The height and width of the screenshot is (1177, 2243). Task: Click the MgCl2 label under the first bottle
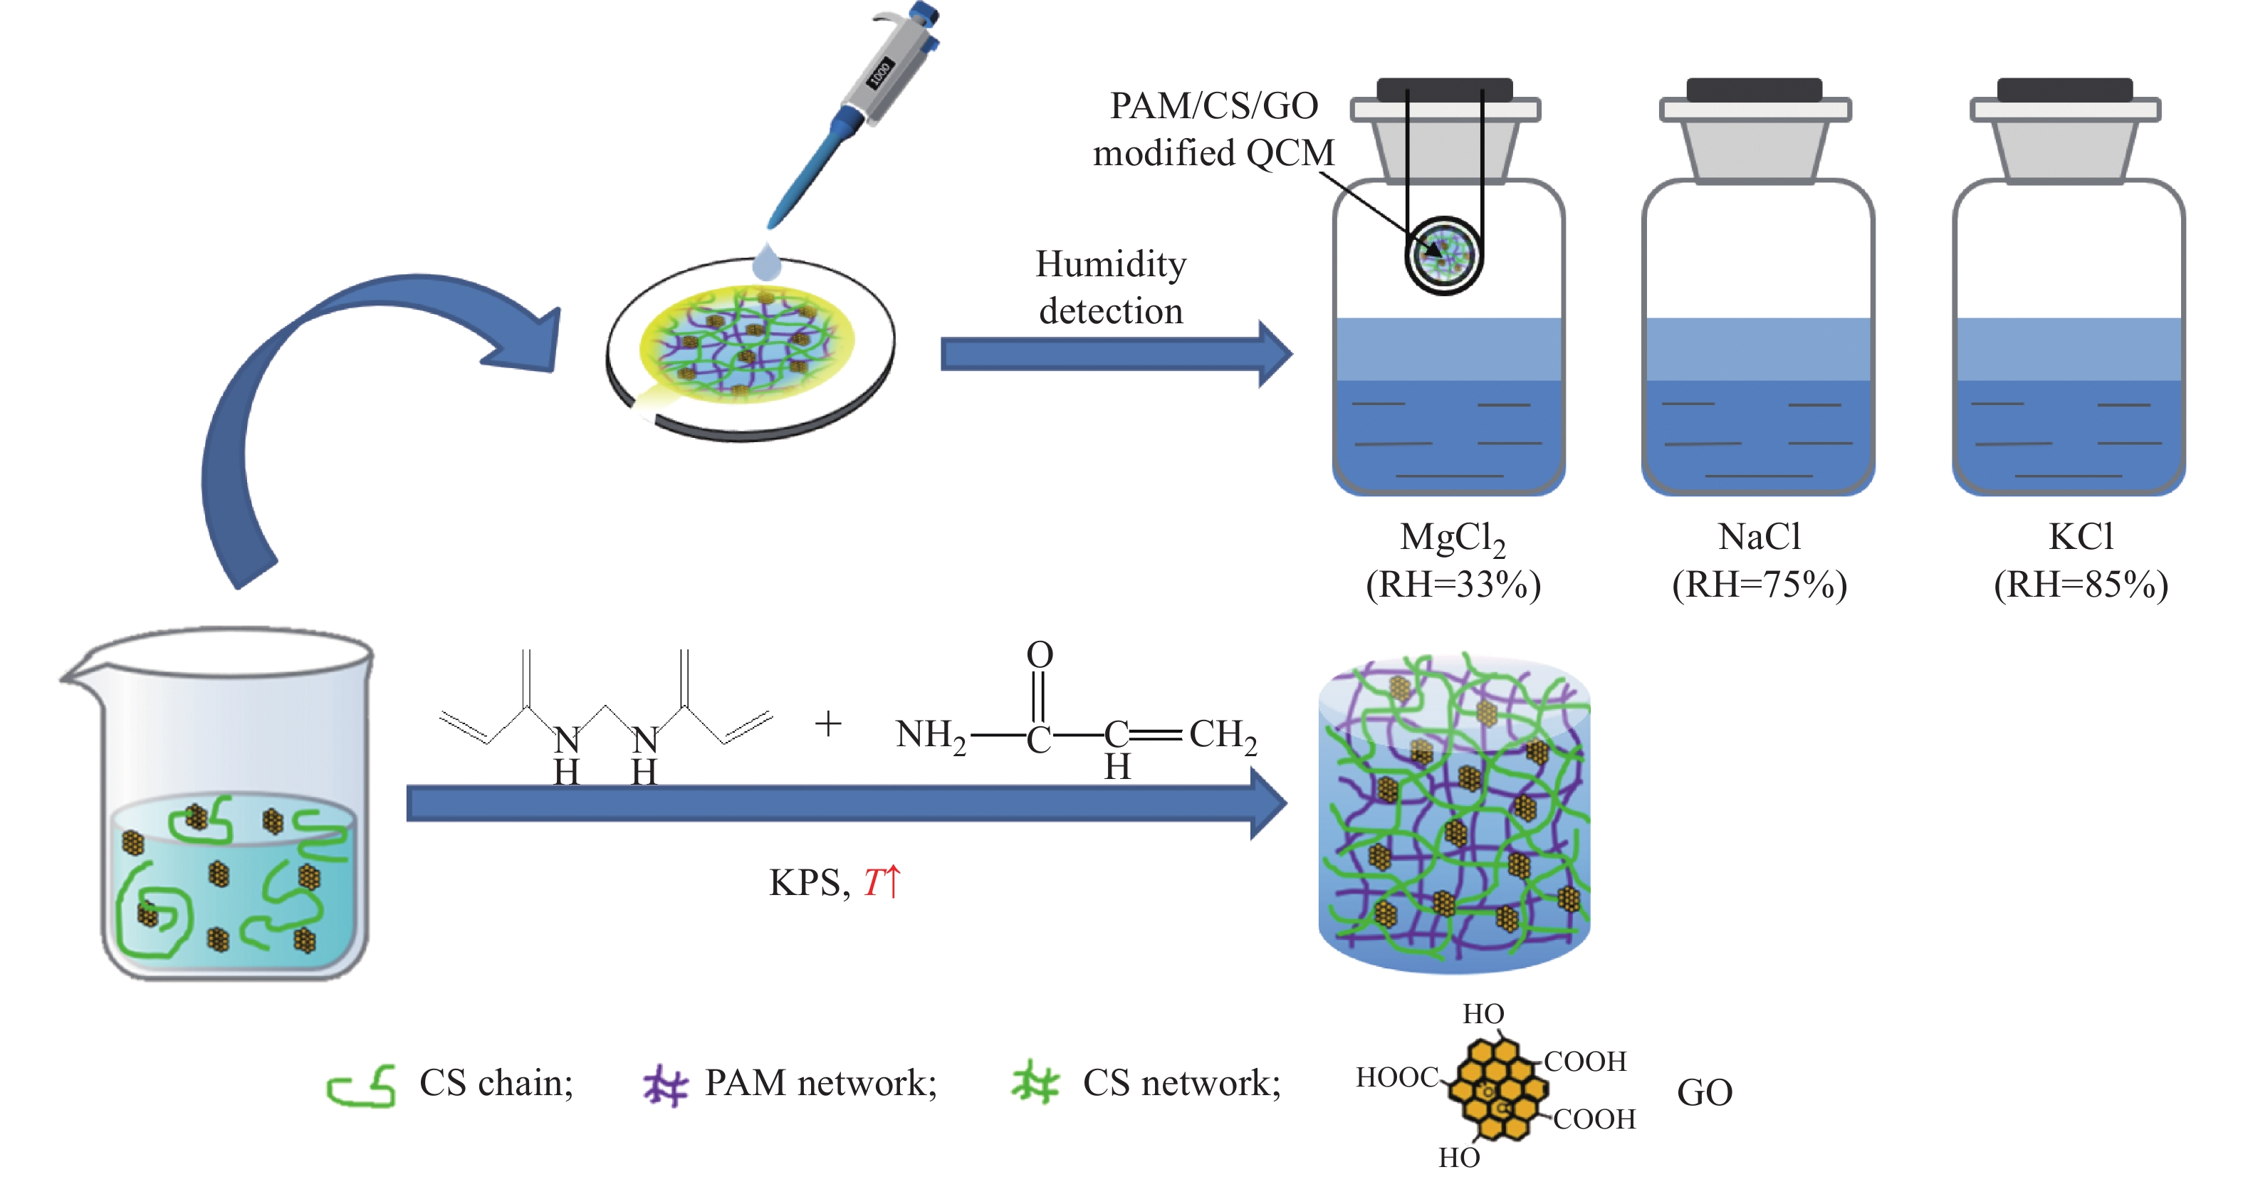(1450, 538)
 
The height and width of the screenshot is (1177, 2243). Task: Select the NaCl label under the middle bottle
(1759, 536)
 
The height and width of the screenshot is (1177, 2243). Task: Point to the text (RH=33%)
(1453, 584)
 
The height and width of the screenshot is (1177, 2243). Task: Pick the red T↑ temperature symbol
(882, 882)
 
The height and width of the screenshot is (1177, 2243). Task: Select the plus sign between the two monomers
(828, 723)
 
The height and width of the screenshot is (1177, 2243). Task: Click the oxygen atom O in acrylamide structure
(1040, 654)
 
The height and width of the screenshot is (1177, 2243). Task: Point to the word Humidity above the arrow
(1110, 263)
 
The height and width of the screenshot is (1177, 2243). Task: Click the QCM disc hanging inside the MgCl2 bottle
(1443, 255)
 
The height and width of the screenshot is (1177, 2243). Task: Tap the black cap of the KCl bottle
(2064, 90)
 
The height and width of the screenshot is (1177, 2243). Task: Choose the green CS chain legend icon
(361, 1087)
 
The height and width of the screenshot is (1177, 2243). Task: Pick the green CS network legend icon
(1035, 1083)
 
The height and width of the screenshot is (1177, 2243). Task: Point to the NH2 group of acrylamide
(930, 736)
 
